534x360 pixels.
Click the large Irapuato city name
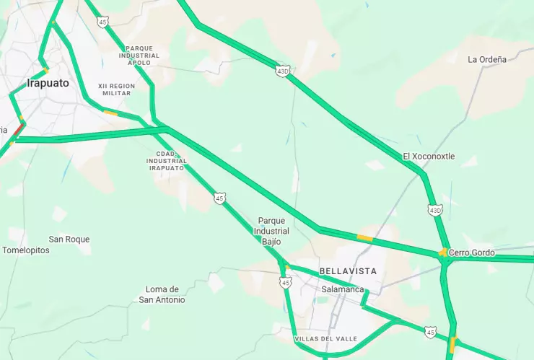[x=48, y=83]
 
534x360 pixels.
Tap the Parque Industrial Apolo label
[x=139, y=55]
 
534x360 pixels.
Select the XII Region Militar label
[x=117, y=89]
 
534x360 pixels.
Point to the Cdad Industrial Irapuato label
[x=167, y=160]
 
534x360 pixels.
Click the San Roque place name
[x=69, y=239]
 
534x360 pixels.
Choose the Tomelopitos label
[x=27, y=250]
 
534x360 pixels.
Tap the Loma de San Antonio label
[x=162, y=294]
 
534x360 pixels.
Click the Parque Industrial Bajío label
[x=272, y=231]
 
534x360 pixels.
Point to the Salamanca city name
[x=343, y=289]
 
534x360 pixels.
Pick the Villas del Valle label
[x=325, y=338]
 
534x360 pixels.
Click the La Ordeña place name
[x=487, y=59]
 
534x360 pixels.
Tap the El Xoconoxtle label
[x=429, y=156]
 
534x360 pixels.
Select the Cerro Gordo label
[x=472, y=253]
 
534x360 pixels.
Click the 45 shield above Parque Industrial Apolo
[x=104, y=22]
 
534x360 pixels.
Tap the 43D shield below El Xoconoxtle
[x=434, y=210]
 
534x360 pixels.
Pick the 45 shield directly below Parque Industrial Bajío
[x=286, y=283]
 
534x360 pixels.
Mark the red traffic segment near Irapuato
[x=19, y=128]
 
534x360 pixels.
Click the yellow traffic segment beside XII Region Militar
[x=110, y=113]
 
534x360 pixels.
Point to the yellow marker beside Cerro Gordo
[x=442, y=253]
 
